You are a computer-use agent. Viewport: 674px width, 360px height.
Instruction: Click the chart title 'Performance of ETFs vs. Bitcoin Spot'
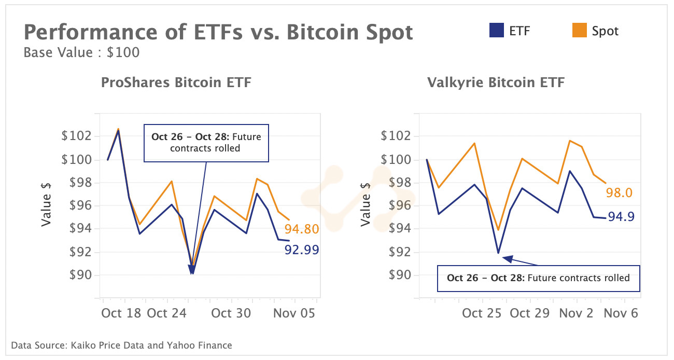click(x=218, y=33)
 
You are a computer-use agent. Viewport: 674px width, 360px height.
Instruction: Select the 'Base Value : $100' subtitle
click(x=81, y=52)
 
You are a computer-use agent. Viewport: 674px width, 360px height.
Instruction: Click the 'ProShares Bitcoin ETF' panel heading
click(x=176, y=82)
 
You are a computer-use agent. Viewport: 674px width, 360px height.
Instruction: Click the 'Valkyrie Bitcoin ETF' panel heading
click(x=496, y=82)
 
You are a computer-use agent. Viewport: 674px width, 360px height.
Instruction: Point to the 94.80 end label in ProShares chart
click(x=301, y=229)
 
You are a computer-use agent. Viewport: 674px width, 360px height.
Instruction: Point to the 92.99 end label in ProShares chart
click(x=301, y=250)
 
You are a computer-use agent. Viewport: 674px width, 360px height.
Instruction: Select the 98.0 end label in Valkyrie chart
click(x=619, y=193)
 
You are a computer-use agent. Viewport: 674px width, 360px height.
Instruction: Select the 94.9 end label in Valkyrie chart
click(x=621, y=216)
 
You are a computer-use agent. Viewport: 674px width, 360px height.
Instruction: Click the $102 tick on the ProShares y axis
click(x=76, y=136)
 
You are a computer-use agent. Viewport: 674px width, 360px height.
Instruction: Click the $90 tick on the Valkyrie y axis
click(x=396, y=275)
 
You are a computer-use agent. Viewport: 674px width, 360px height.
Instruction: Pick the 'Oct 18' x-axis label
click(x=122, y=313)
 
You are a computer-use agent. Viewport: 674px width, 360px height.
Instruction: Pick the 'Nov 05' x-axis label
click(x=294, y=313)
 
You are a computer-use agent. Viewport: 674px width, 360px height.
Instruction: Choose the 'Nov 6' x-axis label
click(x=621, y=313)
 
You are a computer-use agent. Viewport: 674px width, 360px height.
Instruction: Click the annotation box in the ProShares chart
click(x=206, y=143)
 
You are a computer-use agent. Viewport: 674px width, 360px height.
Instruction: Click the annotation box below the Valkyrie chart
click(x=538, y=278)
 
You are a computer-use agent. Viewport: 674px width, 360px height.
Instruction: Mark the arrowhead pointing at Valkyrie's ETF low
click(x=507, y=258)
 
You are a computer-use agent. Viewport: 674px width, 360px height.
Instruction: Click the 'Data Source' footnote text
click(x=121, y=345)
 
